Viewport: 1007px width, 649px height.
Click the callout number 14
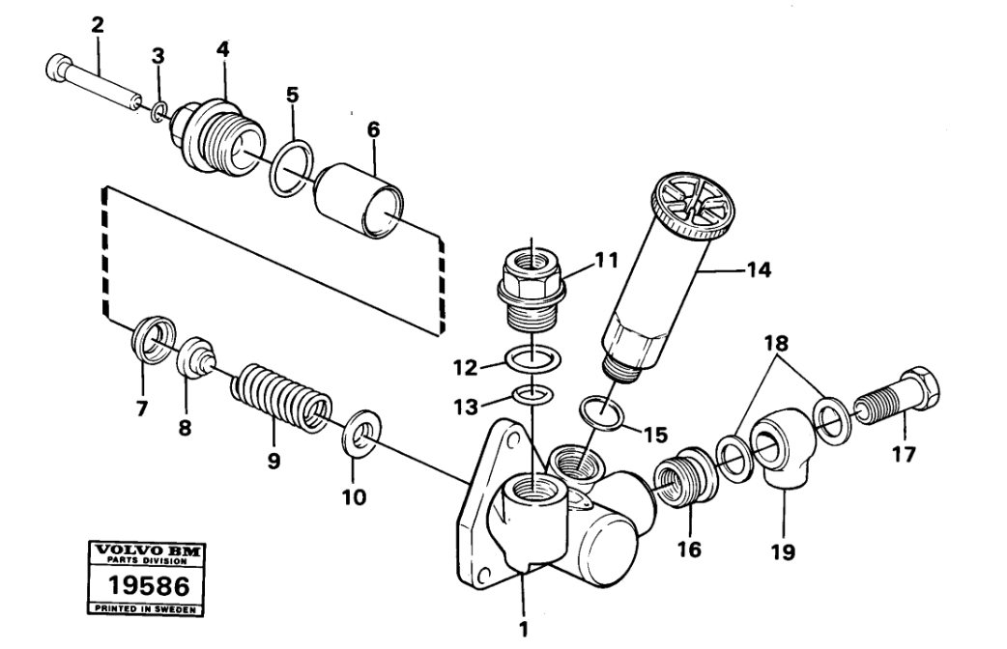pyautogui.click(x=758, y=269)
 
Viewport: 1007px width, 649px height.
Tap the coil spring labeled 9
pyautogui.click(x=281, y=399)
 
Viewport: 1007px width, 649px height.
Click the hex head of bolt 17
pyautogui.click(x=922, y=388)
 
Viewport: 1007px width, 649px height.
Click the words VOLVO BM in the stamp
pyautogui.click(x=147, y=550)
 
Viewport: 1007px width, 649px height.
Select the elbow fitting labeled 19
pyautogui.click(x=784, y=449)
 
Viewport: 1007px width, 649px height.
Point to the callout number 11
pyautogui.click(x=606, y=261)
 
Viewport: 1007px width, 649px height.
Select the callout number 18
pyautogui.click(x=775, y=343)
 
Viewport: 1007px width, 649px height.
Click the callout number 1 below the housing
pyautogui.click(x=524, y=629)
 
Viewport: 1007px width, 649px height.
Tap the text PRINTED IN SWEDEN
pyautogui.click(x=145, y=608)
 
